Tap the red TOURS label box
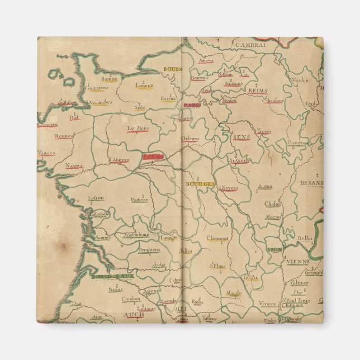(x=153, y=157)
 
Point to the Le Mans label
(x=138, y=128)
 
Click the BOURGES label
(x=200, y=183)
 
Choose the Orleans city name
(x=190, y=138)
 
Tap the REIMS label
(x=258, y=90)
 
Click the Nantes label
(x=74, y=165)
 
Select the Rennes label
(x=64, y=135)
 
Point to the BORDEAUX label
(x=113, y=276)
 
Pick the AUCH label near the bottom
(x=134, y=315)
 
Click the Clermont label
(x=217, y=238)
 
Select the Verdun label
(x=300, y=80)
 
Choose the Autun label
(x=265, y=186)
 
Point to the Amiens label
(x=206, y=60)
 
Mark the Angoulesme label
(x=136, y=234)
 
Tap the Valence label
(x=299, y=282)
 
